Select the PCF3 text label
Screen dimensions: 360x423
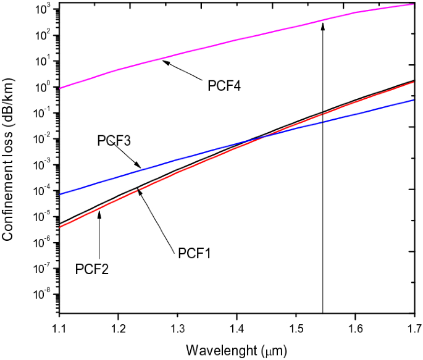point(114,141)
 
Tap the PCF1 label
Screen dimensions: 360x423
point(195,253)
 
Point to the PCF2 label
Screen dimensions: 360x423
point(92,269)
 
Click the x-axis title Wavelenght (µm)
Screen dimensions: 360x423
point(236,349)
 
